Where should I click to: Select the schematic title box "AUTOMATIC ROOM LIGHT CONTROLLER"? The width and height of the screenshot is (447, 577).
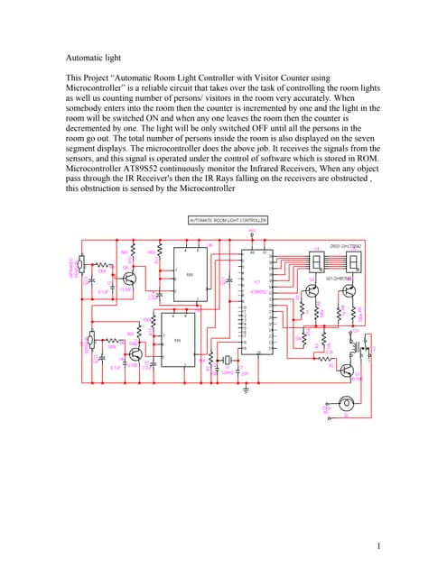[x=228, y=220]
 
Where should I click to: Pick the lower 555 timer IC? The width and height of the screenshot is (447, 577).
[x=177, y=340]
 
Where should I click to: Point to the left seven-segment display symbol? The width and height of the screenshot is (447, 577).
[x=317, y=262]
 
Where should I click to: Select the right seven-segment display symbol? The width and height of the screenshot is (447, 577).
[x=355, y=262]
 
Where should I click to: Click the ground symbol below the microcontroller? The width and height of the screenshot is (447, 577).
[x=245, y=389]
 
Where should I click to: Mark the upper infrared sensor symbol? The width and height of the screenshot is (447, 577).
[x=80, y=264]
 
